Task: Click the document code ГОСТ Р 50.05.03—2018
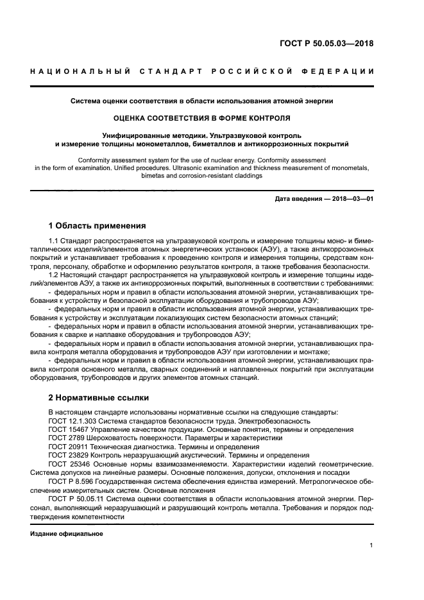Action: tap(326, 44)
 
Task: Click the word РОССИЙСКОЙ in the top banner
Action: tap(247, 71)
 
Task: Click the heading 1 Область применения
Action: tap(97, 225)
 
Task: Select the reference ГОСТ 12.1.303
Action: tap(74, 421)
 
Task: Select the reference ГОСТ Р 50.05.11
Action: tap(76, 497)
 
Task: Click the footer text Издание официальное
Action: tap(67, 533)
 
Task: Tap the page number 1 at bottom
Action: tap(371, 545)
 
